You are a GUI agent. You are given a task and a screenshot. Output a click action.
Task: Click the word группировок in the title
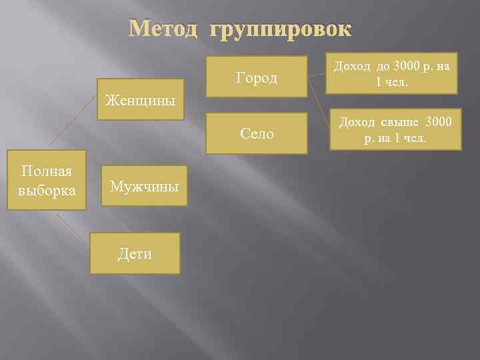[280, 30]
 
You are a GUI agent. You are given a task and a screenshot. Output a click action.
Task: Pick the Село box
[257, 133]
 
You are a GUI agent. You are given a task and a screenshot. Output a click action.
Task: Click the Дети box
[135, 253]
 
